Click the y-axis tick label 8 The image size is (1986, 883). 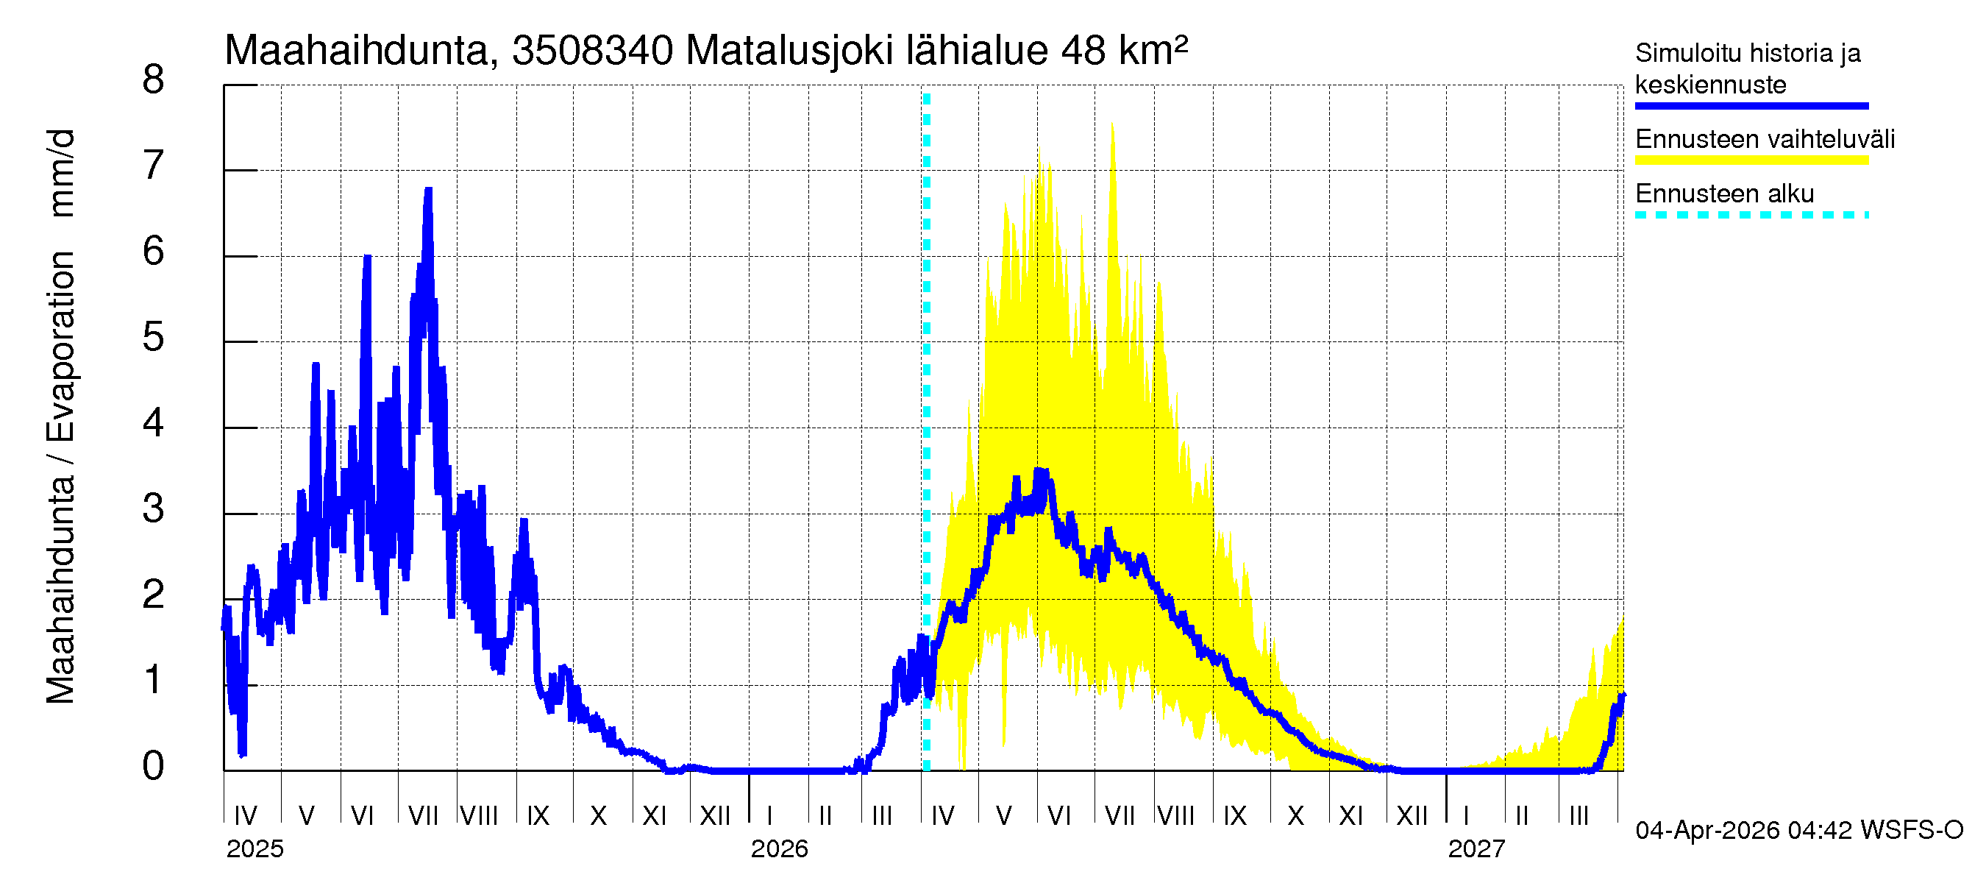[154, 79]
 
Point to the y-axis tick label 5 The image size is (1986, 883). [154, 337]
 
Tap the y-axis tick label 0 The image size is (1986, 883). [154, 766]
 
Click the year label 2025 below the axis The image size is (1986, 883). [255, 848]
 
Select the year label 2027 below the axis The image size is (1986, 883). [1476, 848]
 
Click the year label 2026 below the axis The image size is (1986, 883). [779, 848]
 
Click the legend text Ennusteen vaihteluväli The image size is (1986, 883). [1764, 140]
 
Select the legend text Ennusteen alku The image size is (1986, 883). [1724, 194]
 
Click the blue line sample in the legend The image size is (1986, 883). [1751, 107]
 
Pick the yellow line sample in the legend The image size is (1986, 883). [1751, 160]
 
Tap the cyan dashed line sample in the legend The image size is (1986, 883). [1751, 215]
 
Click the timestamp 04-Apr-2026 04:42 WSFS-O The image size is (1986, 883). [1798, 830]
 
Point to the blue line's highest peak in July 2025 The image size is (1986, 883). [428, 190]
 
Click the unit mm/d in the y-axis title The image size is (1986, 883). [61, 173]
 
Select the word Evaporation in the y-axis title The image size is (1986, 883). [61, 347]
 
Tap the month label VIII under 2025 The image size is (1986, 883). [479, 815]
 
